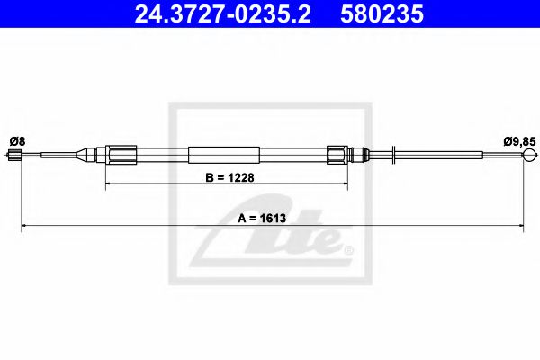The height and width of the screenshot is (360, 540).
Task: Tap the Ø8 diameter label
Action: click(22, 140)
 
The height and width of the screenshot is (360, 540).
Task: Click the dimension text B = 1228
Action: click(227, 177)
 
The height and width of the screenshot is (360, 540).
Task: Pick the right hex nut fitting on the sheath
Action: click(337, 154)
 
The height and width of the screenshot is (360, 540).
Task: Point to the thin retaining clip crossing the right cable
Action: click(396, 155)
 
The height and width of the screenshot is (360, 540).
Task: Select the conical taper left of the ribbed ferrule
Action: click(90, 154)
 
